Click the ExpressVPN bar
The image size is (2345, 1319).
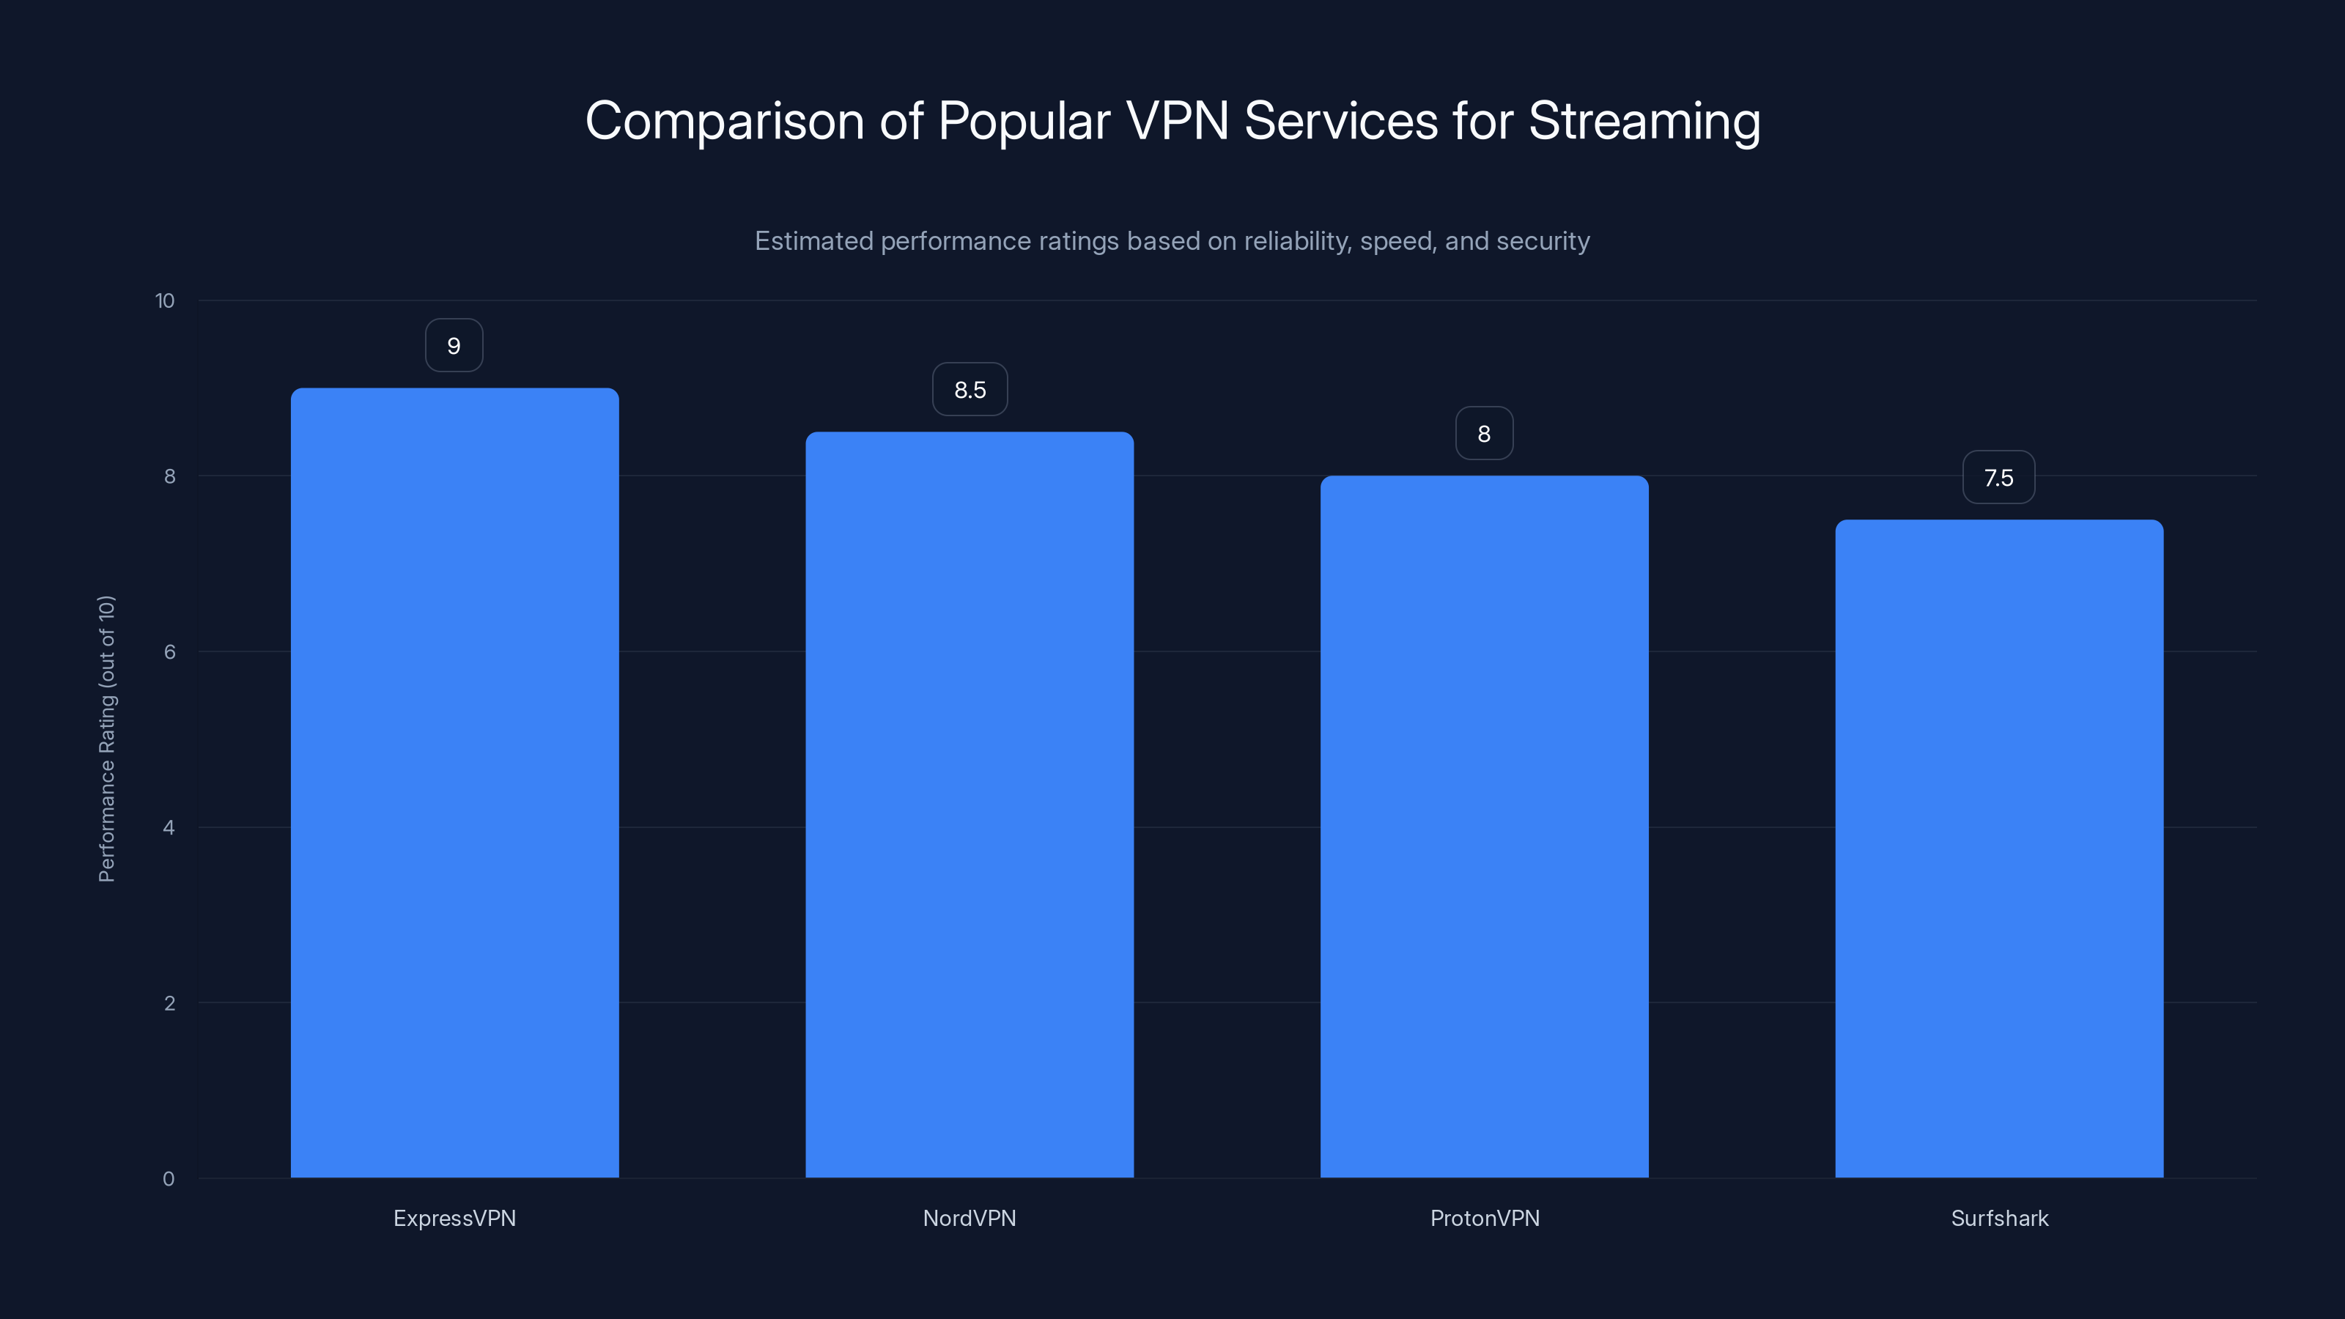[x=454, y=783]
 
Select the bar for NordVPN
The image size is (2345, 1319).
[x=970, y=805]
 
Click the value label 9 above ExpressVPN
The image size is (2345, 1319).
[x=454, y=346]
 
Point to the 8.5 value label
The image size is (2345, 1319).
[x=970, y=390]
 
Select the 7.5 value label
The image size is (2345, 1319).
[x=1998, y=478]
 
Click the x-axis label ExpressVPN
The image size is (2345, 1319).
[x=454, y=1218]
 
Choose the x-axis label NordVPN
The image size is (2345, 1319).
[x=970, y=1218]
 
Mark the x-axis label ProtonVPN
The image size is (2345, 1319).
[x=1485, y=1218]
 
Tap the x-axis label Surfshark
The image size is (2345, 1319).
[x=1999, y=1218]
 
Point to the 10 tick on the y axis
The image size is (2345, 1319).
[x=165, y=300]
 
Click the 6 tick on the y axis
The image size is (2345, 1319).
[x=169, y=651]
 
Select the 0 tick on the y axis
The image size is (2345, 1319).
[x=169, y=1179]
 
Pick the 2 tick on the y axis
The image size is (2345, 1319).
[x=169, y=1003]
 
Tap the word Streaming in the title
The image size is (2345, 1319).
[x=1644, y=120]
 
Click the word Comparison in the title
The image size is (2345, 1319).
[x=724, y=120]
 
